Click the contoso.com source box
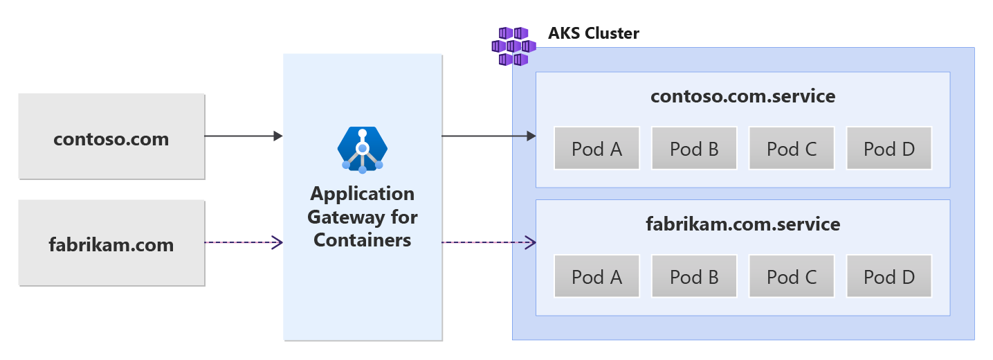(x=111, y=137)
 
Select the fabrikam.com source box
(x=111, y=243)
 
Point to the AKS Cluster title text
(x=593, y=33)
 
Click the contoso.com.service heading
(x=743, y=96)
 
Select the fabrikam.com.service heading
(x=743, y=224)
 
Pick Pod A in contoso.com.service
(x=596, y=148)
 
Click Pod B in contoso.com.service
(x=694, y=148)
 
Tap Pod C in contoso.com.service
(x=792, y=148)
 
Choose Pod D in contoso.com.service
(x=889, y=148)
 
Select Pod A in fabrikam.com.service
(x=596, y=276)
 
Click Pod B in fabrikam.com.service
(x=694, y=276)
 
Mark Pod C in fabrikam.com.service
(x=792, y=276)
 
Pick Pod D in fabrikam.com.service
(x=889, y=276)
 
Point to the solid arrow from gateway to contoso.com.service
(x=489, y=136)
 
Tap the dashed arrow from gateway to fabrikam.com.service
(x=489, y=242)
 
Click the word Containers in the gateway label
(x=363, y=240)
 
